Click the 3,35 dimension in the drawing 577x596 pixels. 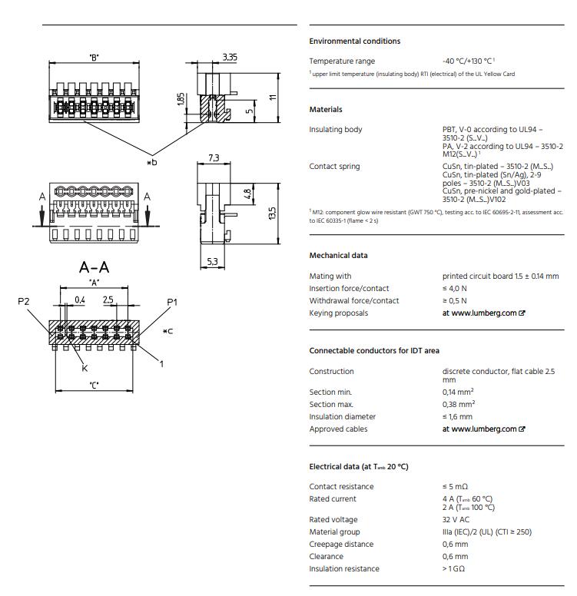click(x=230, y=57)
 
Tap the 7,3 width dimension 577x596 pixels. click(x=214, y=158)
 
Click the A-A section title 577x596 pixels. click(x=95, y=267)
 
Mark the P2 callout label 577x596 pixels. click(x=23, y=302)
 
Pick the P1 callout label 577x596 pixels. click(x=172, y=302)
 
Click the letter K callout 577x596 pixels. click(x=85, y=369)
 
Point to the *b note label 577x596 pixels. click(x=152, y=162)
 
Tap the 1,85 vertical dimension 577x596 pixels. click(x=180, y=101)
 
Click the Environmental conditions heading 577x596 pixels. click(x=354, y=41)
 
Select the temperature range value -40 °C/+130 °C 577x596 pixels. click(x=468, y=61)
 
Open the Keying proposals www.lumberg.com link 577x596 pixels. click(x=483, y=313)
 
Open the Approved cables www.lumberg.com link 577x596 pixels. click(x=483, y=429)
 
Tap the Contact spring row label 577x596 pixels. click(x=334, y=167)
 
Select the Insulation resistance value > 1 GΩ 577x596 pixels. click(x=454, y=569)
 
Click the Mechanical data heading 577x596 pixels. click(x=338, y=256)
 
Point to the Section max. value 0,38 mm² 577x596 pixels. click(x=459, y=404)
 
